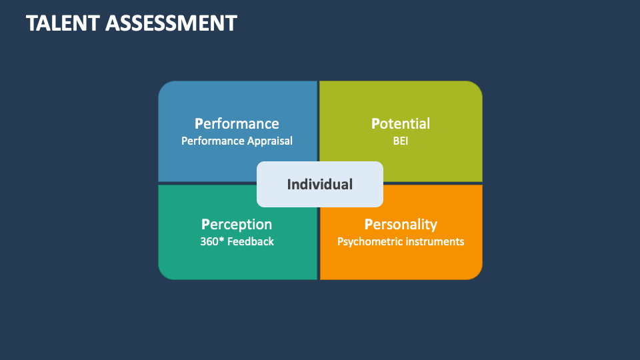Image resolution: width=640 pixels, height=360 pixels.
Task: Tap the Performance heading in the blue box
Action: pyautogui.click(x=237, y=123)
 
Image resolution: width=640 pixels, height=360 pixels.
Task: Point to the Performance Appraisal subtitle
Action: pyautogui.click(x=237, y=141)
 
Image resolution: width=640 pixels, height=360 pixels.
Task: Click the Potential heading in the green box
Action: pyautogui.click(x=400, y=123)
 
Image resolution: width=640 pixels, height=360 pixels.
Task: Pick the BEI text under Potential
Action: pyautogui.click(x=400, y=141)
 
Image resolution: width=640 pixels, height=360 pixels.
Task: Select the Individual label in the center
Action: pyautogui.click(x=320, y=184)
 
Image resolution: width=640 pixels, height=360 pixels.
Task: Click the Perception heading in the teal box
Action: pyautogui.click(x=237, y=224)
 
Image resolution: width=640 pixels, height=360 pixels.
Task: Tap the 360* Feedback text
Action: pyautogui.click(x=237, y=241)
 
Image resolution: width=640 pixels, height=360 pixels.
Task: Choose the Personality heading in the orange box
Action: pyautogui.click(x=401, y=224)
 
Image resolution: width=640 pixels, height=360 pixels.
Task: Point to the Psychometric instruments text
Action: pyautogui.click(x=401, y=241)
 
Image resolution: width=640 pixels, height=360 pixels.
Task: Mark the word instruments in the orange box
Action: pyautogui.click(x=433, y=241)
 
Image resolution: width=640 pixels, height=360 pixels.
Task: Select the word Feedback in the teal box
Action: pyautogui.click(x=251, y=241)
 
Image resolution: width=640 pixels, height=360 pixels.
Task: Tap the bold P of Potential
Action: pyautogui.click(x=375, y=123)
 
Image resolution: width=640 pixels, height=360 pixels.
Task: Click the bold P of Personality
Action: pyautogui.click(x=368, y=224)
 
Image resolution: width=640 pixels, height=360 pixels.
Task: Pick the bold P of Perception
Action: pyautogui.click(x=205, y=224)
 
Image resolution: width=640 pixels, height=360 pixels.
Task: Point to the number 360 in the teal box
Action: pyautogui.click(x=209, y=241)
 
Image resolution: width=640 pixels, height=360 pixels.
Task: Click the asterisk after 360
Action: pyautogui.click(x=222, y=239)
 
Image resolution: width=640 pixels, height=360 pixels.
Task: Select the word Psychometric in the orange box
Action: pyautogui.click(x=367, y=241)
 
